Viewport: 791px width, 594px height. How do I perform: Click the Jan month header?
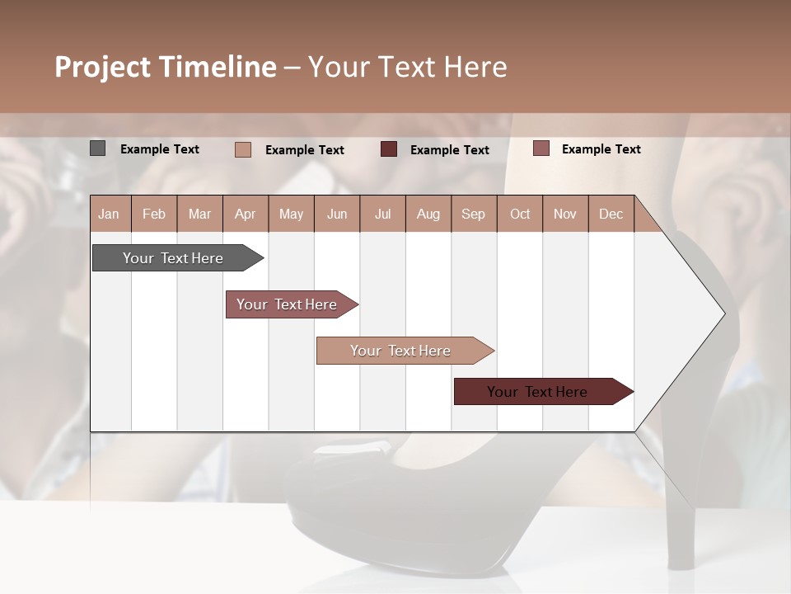(109, 214)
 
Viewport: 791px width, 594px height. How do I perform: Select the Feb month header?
(154, 214)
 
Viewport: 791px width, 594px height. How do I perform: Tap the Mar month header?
(199, 214)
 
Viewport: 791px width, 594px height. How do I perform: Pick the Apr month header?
(246, 214)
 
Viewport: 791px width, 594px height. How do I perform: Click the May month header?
(291, 214)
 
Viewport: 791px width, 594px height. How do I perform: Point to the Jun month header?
(337, 214)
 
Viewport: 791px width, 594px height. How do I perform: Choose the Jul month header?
(382, 214)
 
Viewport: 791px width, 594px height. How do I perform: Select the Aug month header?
(428, 214)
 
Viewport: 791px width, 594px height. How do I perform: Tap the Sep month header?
(474, 214)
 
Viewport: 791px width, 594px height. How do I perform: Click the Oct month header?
(520, 214)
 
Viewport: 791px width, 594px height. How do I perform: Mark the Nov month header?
(565, 214)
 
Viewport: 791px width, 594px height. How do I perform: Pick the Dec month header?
(611, 214)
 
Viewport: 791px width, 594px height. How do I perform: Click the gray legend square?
(98, 148)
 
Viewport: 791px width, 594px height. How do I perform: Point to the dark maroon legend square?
(389, 149)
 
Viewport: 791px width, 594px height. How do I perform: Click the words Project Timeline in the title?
(166, 67)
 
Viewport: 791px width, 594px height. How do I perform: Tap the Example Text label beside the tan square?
(304, 150)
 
